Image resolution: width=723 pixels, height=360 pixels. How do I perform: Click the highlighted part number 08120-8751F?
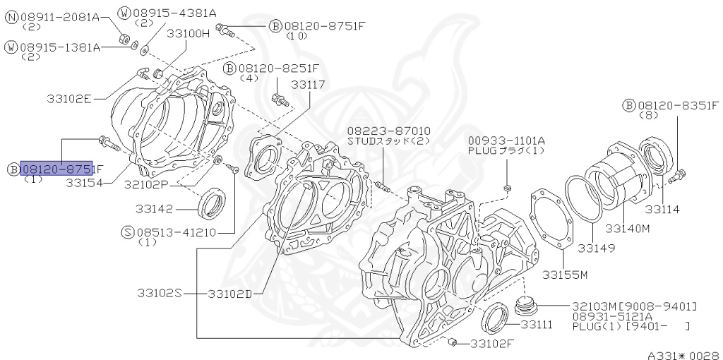click(57, 169)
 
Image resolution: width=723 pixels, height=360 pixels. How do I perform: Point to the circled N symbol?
click(12, 16)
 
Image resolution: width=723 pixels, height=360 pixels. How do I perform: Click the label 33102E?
click(69, 99)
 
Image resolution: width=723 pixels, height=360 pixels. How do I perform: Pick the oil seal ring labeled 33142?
click(211, 203)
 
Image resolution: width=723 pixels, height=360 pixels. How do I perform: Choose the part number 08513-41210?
click(176, 231)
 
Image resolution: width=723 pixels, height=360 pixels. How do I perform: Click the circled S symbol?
click(127, 231)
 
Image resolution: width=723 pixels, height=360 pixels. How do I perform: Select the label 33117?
click(308, 84)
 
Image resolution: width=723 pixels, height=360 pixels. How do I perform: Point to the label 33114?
click(662, 210)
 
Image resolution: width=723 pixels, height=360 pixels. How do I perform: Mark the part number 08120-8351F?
click(678, 104)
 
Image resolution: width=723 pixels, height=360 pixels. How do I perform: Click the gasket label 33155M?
click(566, 274)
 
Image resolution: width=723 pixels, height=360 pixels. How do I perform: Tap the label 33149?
click(596, 248)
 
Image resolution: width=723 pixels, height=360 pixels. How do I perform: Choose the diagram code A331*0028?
click(683, 356)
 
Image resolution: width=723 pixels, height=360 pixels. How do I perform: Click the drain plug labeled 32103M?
click(525, 305)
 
